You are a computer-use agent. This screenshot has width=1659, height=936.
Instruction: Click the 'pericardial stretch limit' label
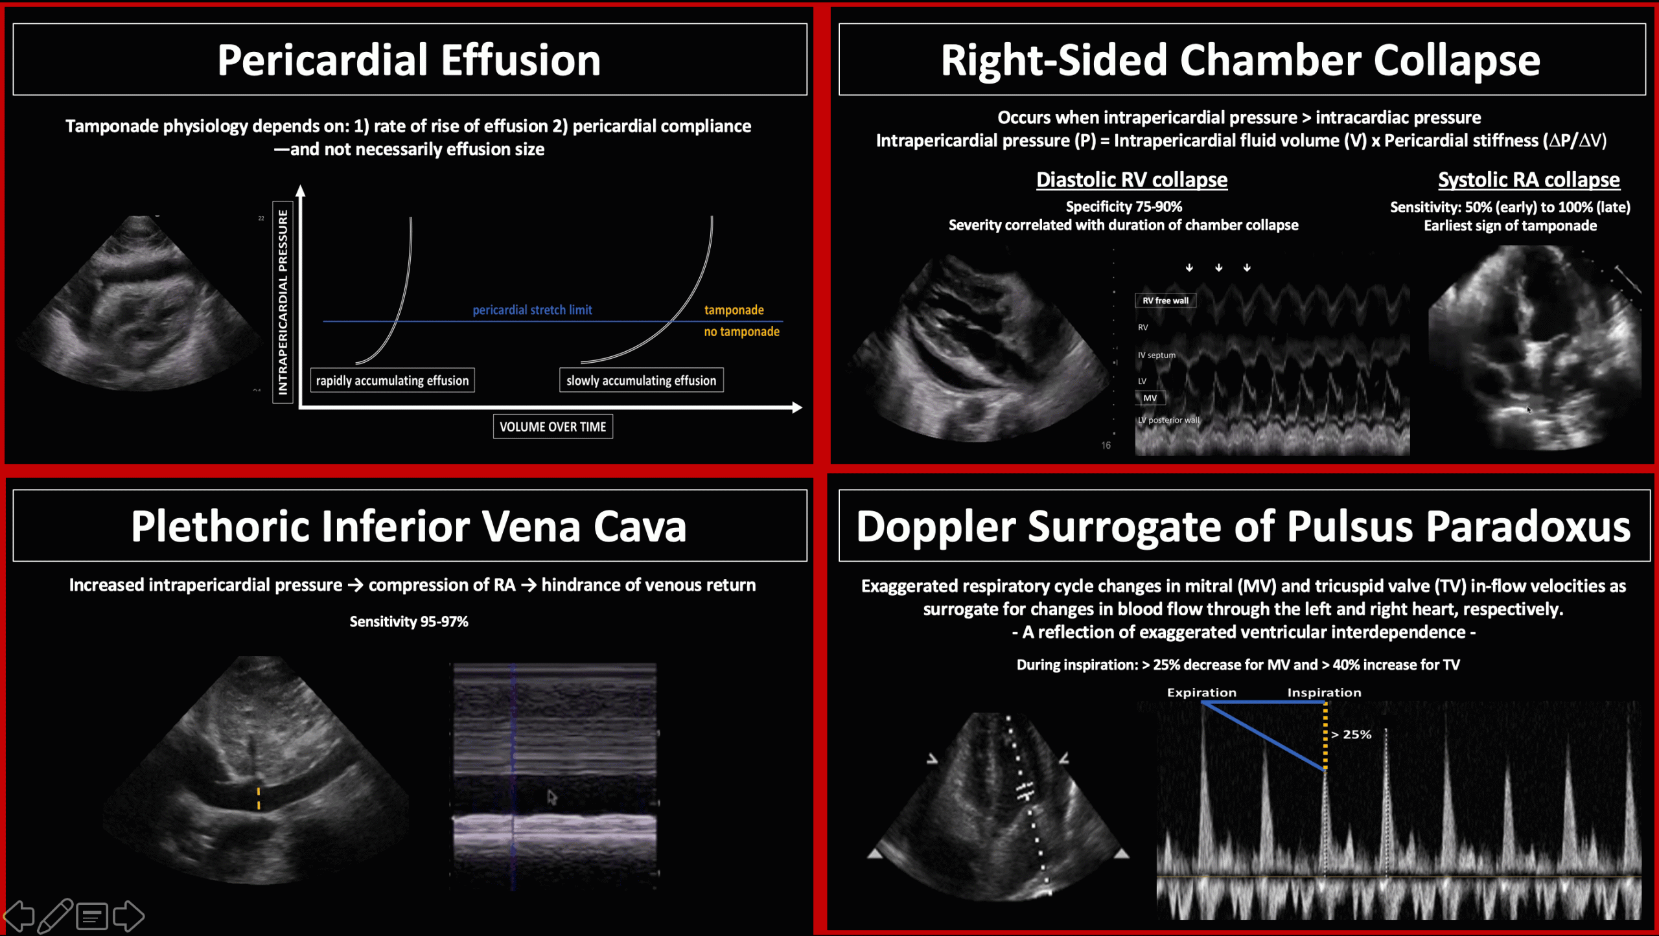pyautogui.click(x=532, y=310)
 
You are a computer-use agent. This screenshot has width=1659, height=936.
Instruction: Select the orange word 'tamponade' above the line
pyautogui.click(x=734, y=310)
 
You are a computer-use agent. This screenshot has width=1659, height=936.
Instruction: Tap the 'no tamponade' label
pyautogui.click(x=741, y=332)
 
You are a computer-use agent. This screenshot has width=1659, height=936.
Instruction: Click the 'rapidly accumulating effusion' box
pyautogui.click(x=392, y=380)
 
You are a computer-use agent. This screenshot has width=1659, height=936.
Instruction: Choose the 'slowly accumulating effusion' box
pyautogui.click(x=641, y=380)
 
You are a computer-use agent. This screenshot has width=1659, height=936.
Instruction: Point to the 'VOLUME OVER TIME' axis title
pyautogui.click(x=553, y=427)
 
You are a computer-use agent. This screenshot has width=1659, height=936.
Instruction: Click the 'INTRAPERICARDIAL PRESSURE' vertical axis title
pyautogui.click(x=283, y=302)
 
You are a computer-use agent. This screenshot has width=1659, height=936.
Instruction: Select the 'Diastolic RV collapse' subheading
pyautogui.click(x=1131, y=179)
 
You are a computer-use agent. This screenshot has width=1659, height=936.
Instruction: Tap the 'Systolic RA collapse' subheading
pyautogui.click(x=1529, y=179)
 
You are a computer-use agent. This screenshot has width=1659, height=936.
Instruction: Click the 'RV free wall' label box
pyautogui.click(x=1165, y=301)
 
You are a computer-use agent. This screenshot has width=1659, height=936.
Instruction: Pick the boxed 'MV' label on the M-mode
pyautogui.click(x=1150, y=398)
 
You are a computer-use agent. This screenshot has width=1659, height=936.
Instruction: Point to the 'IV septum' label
pyautogui.click(x=1156, y=355)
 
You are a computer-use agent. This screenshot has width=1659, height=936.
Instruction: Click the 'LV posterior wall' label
pyautogui.click(x=1168, y=420)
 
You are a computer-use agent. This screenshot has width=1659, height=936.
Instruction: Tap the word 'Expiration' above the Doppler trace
pyautogui.click(x=1201, y=692)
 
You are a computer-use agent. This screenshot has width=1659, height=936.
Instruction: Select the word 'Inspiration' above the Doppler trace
pyautogui.click(x=1324, y=692)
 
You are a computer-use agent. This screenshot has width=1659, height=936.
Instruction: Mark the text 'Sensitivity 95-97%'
pyautogui.click(x=409, y=622)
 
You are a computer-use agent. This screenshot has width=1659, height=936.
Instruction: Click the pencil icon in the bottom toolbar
pyautogui.click(x=55, y=916)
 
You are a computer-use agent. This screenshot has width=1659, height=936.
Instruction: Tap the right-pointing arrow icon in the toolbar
pyautogui.click(x=128, y=916)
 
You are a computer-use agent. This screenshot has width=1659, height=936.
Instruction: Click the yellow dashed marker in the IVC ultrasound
pyautogui.click(x=259, y=799)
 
